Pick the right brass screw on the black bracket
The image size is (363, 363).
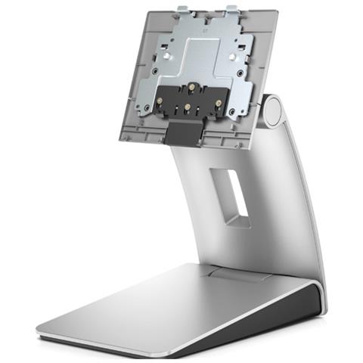[x=219, y=103]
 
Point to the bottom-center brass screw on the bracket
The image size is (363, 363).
[x=188, y=107]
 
